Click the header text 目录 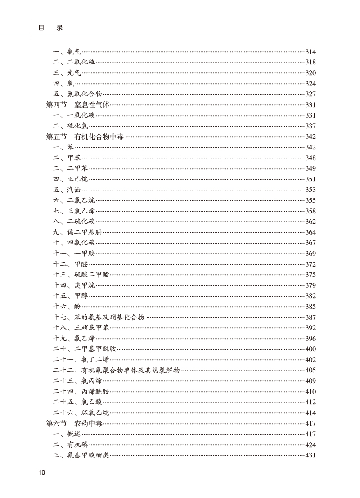50,27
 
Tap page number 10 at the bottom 41,472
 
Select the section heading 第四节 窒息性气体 78,105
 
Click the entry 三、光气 67,73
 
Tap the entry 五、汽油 67,190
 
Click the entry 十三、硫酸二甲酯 81,275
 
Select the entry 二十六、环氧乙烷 81,413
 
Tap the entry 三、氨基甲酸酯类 81,455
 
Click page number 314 310,52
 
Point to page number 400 310,349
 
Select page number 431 310,456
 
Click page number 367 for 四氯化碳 310,243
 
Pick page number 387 310,317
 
